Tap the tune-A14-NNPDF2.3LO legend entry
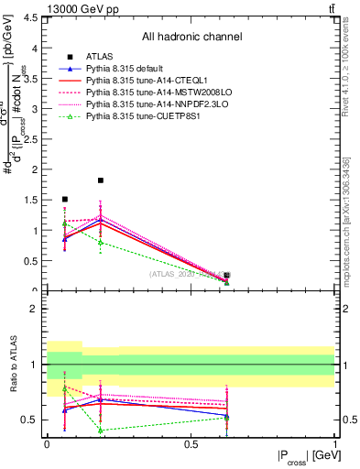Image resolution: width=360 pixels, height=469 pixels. click(147, 104)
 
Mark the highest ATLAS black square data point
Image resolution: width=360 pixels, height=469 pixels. click(101, 180)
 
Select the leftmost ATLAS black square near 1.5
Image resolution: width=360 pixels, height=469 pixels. click(64, 199)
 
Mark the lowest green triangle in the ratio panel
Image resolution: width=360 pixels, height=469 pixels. click(101, 430)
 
